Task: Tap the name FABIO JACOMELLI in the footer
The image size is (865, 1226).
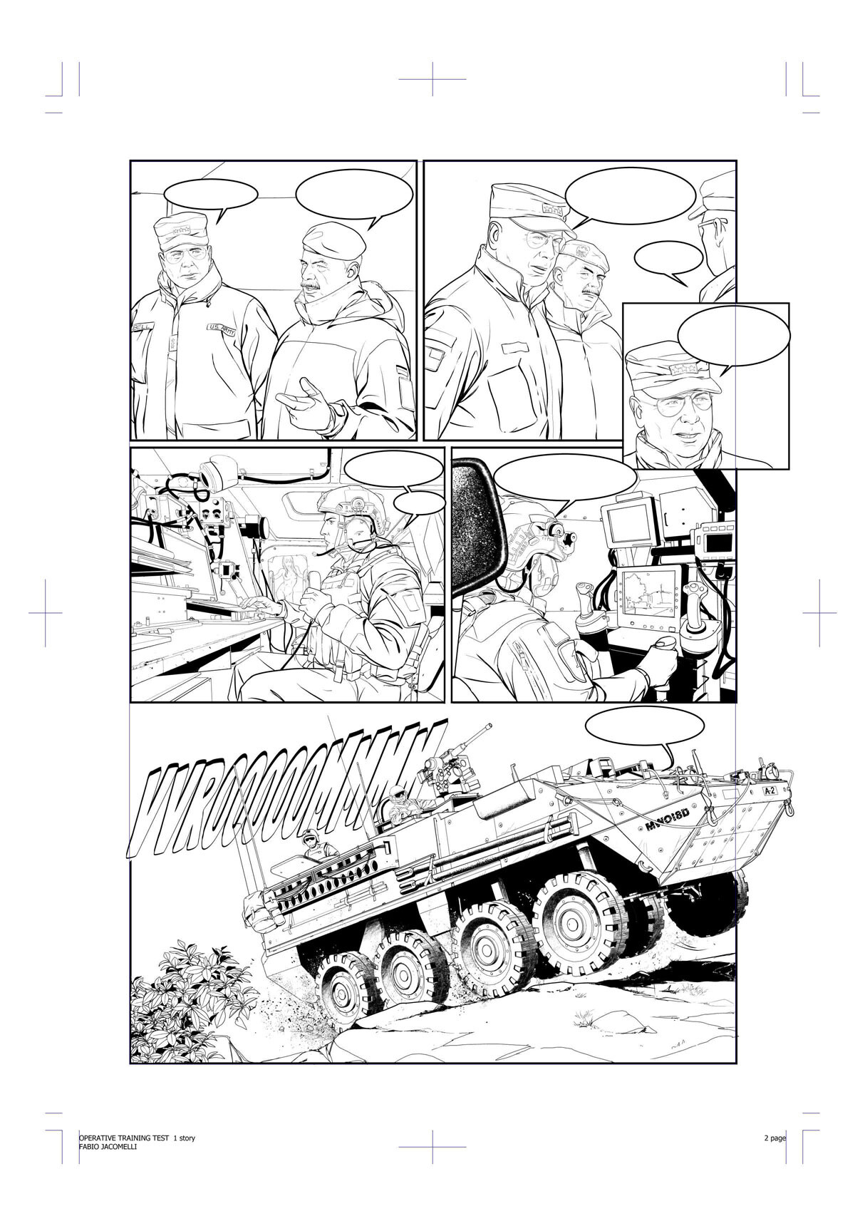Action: [x=108, y=1147]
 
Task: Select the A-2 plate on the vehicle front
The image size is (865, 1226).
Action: [x=769, y=791]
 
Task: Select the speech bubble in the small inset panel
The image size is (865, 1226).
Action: [x=734, y=335]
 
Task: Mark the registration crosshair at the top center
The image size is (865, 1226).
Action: [x=432, y=79]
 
